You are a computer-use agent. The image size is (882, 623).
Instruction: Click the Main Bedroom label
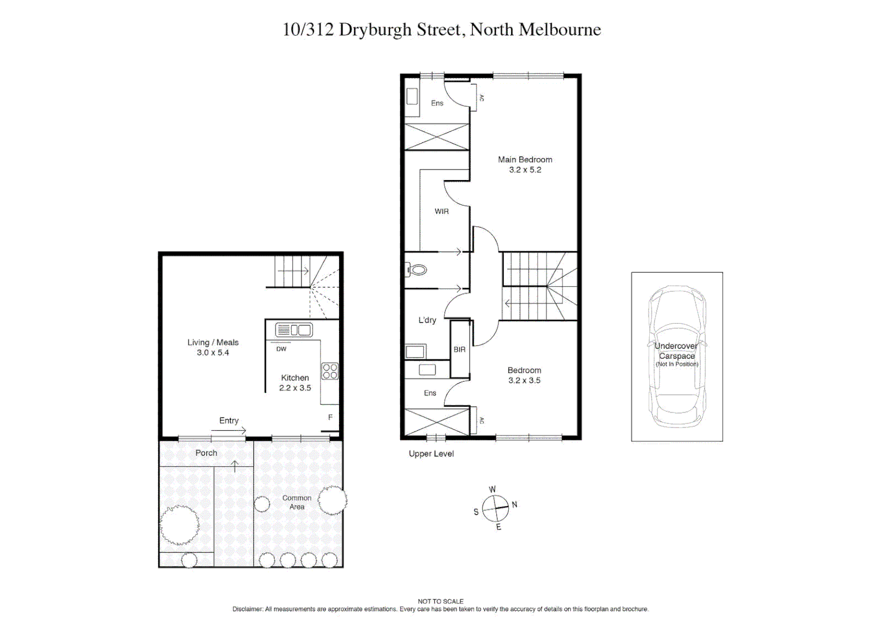point(525,160)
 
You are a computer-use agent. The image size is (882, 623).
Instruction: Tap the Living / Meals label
point(213,343)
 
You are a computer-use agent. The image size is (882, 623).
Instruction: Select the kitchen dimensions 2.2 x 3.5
point(295,388)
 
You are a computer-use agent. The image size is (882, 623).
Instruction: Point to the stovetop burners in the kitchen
point(330,371)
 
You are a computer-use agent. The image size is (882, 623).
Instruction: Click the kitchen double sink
point(294,330)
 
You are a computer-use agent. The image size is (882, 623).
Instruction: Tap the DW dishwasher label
point(281,349)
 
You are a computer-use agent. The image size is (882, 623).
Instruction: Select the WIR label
point(442,212)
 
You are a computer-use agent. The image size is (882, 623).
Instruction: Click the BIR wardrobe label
point(460,350)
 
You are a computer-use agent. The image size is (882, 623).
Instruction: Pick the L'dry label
point(427,320)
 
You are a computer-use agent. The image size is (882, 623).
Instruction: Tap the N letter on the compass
point(515,505)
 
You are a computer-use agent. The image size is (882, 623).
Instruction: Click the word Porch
point(206,453)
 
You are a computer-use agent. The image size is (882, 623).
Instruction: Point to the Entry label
point(229,421)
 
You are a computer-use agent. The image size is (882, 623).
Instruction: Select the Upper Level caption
point(431,454)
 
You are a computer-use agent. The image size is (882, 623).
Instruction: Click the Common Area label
point(297,502)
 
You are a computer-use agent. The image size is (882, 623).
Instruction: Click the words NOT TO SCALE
point(441,601)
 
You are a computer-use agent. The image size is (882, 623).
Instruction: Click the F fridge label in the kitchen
point(330,418)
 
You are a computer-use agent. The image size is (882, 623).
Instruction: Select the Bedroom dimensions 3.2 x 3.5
point(524,381)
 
